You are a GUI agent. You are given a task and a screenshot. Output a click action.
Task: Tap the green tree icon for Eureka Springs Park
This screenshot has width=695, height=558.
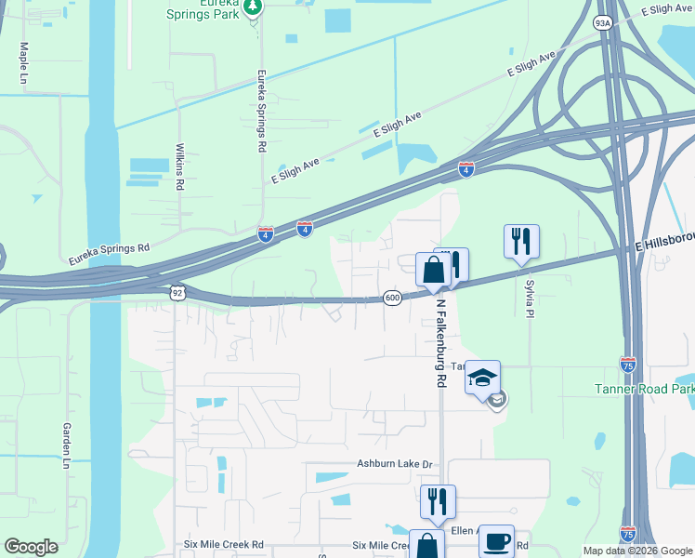pyautogui.click(x=253, y=7)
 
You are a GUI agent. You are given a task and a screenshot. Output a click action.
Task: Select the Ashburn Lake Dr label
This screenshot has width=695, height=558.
pyautogui.click(x=395, y=464)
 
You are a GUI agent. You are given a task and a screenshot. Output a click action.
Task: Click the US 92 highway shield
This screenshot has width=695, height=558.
pyautogui.click(x=177, y=292)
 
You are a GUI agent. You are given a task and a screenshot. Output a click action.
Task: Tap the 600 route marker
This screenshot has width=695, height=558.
pyautogui.click(x=392, y=298)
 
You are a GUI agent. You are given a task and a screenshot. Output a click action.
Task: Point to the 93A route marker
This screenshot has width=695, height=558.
pyautogui.click(x=603, y=23)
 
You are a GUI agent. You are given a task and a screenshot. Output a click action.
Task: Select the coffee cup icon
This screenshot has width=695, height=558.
pyautogui.click(x=496, y=540)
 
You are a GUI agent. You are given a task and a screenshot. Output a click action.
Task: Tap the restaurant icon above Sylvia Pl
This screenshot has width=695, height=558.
pyautogui.click(x=521, y=241)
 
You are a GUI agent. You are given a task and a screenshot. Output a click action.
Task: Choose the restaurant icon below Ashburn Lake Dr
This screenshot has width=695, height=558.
pyautogui.click(x=438, y=501)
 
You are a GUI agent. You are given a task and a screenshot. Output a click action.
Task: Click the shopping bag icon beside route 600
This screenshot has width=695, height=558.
pyautogui.click(x=433, y=271)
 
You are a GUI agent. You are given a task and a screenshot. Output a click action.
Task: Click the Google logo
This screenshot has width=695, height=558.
pyautogui.click(x=31, y=547)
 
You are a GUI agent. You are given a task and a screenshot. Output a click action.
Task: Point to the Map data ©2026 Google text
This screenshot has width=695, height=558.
pyautogui.click(x=636, y=551)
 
